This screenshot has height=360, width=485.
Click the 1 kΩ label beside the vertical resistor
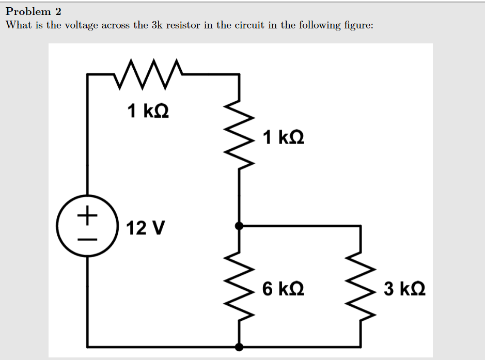pos(283,137)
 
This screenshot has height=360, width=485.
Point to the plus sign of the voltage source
pos(88,213)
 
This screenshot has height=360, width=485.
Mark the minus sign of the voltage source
pos(88,239)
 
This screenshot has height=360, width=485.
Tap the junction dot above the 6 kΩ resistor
pos(239,226)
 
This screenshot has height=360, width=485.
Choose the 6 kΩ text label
pos(283,288)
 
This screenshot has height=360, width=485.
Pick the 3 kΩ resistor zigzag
pos(361,287)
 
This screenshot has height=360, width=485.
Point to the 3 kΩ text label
pos(405,288)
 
